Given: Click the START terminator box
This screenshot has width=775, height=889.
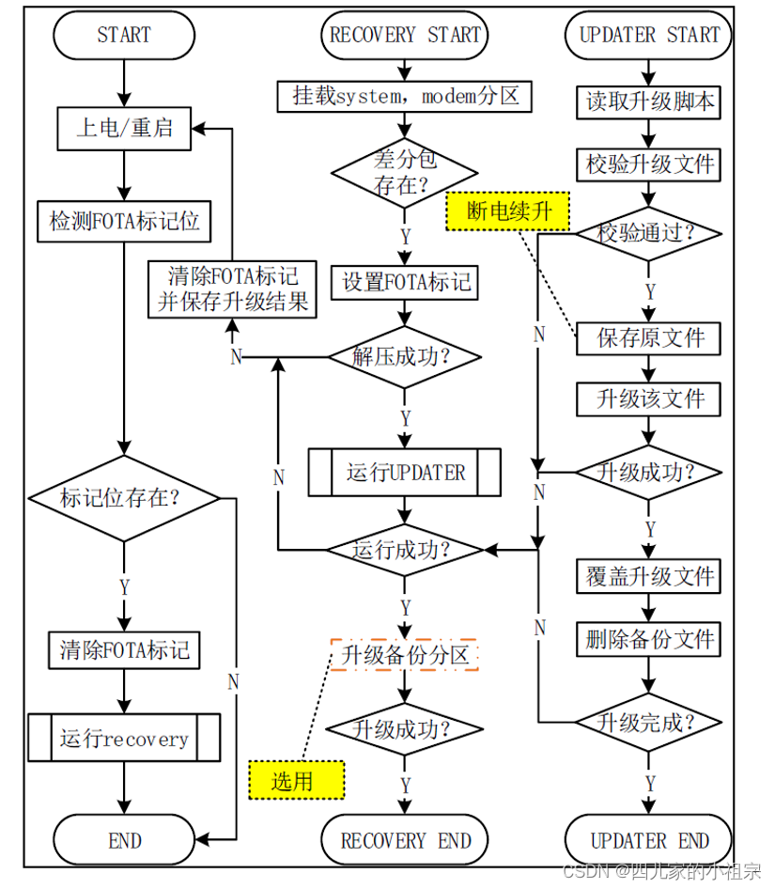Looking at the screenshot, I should pos(124,36).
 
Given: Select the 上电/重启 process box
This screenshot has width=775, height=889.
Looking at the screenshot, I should pos(124,128).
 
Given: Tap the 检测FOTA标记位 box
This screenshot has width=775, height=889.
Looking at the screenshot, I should pos(124,222).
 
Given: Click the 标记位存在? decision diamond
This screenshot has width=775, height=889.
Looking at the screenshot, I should pos(124,498).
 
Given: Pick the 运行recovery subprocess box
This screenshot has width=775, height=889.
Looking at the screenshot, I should pos(124,739).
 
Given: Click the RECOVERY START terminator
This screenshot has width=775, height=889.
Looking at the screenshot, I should pos(405,36).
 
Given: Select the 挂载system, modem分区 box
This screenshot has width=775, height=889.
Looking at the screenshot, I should pos(405,96).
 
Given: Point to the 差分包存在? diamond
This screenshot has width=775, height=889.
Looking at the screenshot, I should pos(405,172).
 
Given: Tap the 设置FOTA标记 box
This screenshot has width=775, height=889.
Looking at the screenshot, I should pos(405,282).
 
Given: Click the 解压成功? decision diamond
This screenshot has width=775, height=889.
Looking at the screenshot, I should pos(405,357).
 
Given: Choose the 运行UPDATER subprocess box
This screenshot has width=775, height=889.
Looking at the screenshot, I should pos(405,473).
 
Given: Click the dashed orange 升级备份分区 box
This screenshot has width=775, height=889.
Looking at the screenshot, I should pos(405,655).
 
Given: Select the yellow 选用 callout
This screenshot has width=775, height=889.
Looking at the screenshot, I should pos(296,780).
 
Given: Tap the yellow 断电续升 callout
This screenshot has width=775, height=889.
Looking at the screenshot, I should pos(508,211).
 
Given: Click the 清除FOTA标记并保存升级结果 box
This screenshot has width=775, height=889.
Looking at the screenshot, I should pos(232,289).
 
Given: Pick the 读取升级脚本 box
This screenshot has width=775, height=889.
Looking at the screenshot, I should pos(648,101).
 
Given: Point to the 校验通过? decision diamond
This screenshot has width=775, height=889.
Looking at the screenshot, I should pos(648,233).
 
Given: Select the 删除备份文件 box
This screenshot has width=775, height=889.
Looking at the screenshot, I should pos(648,640).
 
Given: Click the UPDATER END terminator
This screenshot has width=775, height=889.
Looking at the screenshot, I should pos(648,840).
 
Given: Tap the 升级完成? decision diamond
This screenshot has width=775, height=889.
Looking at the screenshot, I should pos(648,723).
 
